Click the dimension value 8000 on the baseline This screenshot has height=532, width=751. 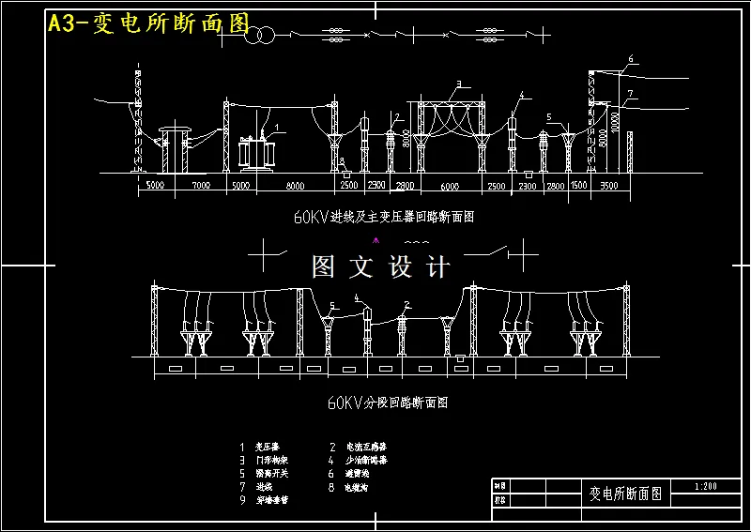[x=296, y=187]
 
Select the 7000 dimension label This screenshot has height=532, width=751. [x=200, y=187]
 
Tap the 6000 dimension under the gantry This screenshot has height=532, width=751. [x=450, y=187]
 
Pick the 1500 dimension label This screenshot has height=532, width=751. [x=578, y=187]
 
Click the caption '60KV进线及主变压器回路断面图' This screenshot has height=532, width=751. [x=384, y=216]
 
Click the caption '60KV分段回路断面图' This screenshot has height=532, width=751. [x=387, y=403]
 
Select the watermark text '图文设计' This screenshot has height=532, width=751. [x=381, y=267]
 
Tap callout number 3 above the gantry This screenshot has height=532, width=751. [x=457, y=84]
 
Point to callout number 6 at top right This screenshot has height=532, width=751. [x=631, y=59]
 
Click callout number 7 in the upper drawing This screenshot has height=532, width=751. [x=631, y=93]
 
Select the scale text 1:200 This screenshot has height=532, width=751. [x=705, y=486]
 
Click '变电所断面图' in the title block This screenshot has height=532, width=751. [x=625, y=493]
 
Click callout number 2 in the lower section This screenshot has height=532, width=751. [x=406, y=304]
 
